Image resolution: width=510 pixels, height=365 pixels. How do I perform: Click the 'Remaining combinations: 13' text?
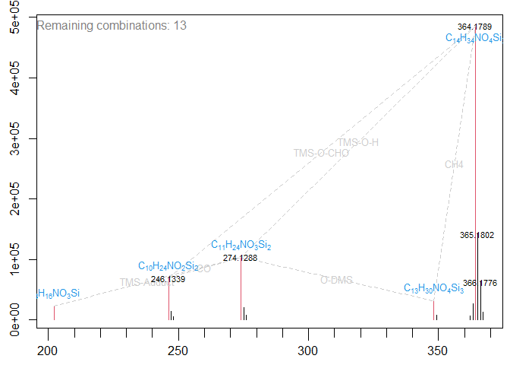click(x=112, y=25)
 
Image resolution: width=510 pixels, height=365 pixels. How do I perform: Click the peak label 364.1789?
click(x=475, y=27)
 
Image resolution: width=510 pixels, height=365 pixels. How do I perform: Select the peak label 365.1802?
click(x=477, y=236)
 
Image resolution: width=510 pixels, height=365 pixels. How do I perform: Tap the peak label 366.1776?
click(x=479, y=283)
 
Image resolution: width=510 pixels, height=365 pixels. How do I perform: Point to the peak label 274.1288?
click(x=240, y=259)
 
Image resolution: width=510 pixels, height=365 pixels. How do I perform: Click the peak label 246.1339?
click(x=168, y=279)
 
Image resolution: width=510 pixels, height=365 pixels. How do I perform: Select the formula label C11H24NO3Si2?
click(x=241, y=246)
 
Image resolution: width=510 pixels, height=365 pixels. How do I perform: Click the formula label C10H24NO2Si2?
click(x=168, y=266)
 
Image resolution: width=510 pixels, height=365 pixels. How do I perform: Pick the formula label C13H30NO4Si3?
click(x=433, y=288)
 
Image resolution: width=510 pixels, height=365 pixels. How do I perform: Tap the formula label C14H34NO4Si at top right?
click(x=474, y=38)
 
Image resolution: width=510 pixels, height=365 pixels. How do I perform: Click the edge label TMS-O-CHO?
click(x=321, y=153)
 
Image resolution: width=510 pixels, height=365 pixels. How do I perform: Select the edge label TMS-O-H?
click(x=358, y=142)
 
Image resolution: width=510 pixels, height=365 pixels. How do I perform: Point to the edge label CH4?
click(x=454, y=164)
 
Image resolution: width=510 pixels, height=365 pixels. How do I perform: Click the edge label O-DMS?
click(x=336, y=280)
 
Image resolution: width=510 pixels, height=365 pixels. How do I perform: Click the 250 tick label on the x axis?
click(x=178, y=351)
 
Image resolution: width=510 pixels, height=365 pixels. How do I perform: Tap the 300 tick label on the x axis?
click(x=307, y=351)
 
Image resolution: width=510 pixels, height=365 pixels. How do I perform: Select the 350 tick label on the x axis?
click(x=437, y=351)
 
